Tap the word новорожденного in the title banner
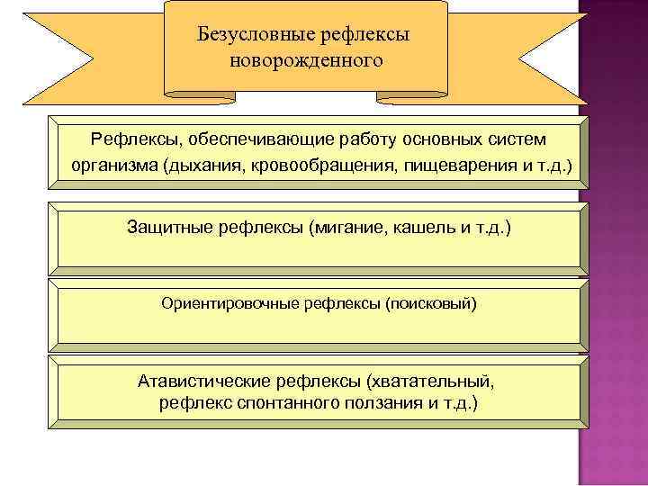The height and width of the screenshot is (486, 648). (x=306, y=61)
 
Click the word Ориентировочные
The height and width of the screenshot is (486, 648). (x=223, y=304)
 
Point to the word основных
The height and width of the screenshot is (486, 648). (x=445, y=141)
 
